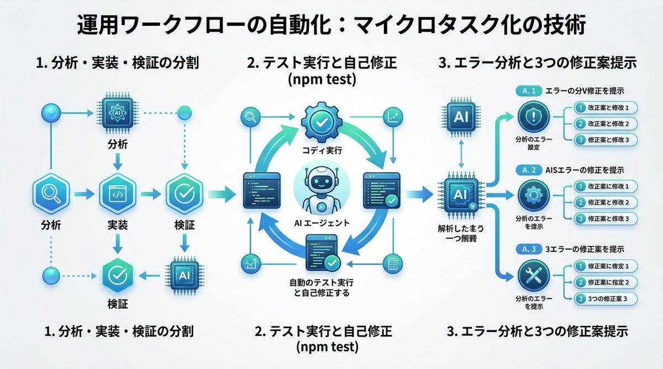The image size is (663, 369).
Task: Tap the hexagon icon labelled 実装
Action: (x=117, y=194)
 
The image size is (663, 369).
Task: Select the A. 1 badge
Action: (x=527, y=89)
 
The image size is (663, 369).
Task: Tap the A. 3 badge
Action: (x=527, y=249)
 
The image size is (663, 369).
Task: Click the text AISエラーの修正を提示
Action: (x=582, y=170)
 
